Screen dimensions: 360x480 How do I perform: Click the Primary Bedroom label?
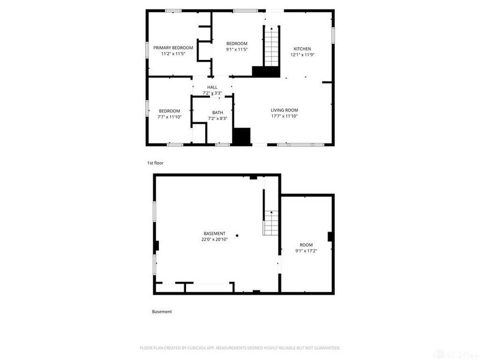(173, 47)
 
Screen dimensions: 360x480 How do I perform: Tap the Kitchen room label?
(302, 48)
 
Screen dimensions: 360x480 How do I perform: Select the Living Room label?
(284, 110)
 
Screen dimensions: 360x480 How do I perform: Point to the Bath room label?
(217, 112)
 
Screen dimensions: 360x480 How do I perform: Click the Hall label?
(212, 87)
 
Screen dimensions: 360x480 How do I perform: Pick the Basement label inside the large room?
(214, 233)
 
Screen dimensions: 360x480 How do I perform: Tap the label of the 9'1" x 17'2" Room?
(306, 244)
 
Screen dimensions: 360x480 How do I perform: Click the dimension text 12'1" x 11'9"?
(302, 54)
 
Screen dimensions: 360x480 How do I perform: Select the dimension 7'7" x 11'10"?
(169, 117)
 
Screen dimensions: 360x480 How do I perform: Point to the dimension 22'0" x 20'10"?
(214, 239)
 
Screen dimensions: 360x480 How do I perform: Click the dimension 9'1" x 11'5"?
(236, 50)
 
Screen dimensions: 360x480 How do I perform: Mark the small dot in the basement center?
(237, 235)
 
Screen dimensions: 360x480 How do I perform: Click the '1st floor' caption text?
(155, 163)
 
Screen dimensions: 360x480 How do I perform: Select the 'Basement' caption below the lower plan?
(161, 311)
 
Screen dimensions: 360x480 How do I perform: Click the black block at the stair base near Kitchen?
(266, 72)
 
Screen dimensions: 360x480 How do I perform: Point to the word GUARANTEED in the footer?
(326, 347)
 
